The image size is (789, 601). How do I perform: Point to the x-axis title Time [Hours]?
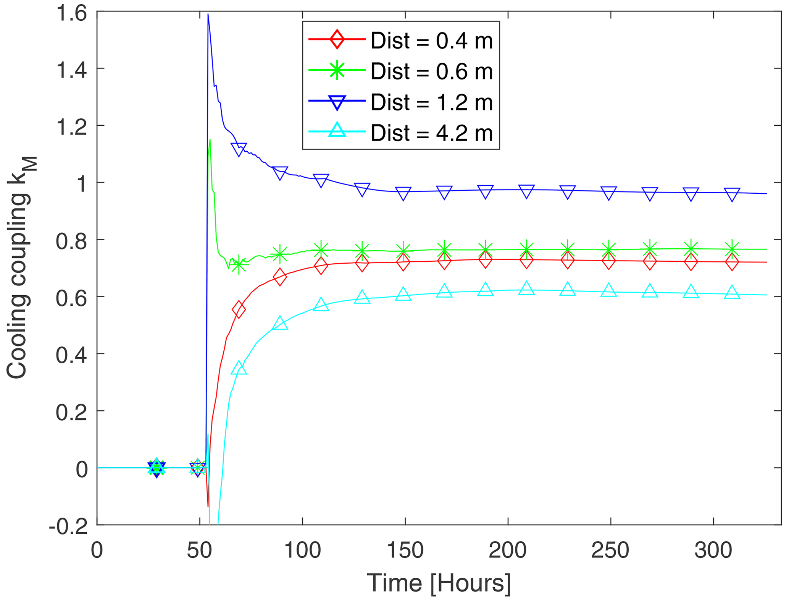pyautogui.click(x=439, y=583)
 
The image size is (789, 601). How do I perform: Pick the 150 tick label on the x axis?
pyautogui.click(x=405, y=551)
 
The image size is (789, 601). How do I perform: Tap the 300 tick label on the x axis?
pyautogui.click(x=713, y=551)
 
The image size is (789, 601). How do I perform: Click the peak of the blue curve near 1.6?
pyautogui.click(x=208, y=14)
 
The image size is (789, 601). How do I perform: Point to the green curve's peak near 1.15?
pyautogui.click(x=210, y=140)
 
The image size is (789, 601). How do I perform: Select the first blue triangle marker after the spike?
pyautogui.click(x=239, y=149)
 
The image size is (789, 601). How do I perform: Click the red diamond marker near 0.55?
pyautogui.click(x=239, y=309)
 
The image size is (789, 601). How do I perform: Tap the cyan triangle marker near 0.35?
pyautogui.click(x=239, y=368)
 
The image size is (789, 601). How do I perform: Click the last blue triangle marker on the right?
pyautogui.click(x=732, y=194)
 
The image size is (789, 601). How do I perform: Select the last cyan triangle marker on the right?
pyautogui.click(x=732, y=293)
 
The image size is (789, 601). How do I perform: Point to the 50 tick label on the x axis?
pyautogui.click(x=199, y=551)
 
